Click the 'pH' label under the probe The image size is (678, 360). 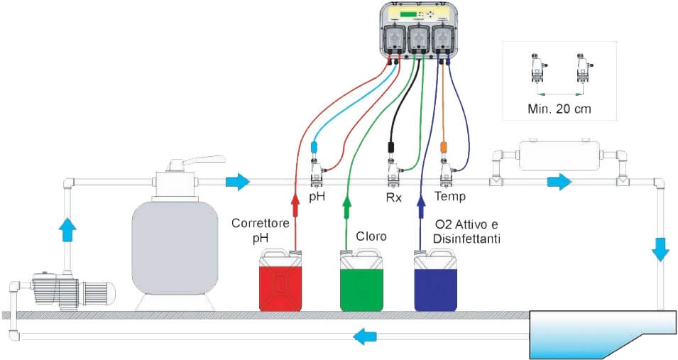coord(317,195)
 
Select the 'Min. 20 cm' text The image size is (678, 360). coord(559,109)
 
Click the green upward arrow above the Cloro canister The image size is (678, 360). coord(347,207)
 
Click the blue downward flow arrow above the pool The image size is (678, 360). coord(660,249)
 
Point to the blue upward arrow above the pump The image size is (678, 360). coord(67,229)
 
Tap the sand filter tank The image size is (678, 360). coord(175,249)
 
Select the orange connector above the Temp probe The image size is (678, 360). coord(444,147)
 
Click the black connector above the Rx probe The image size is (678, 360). coord(390,147)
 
